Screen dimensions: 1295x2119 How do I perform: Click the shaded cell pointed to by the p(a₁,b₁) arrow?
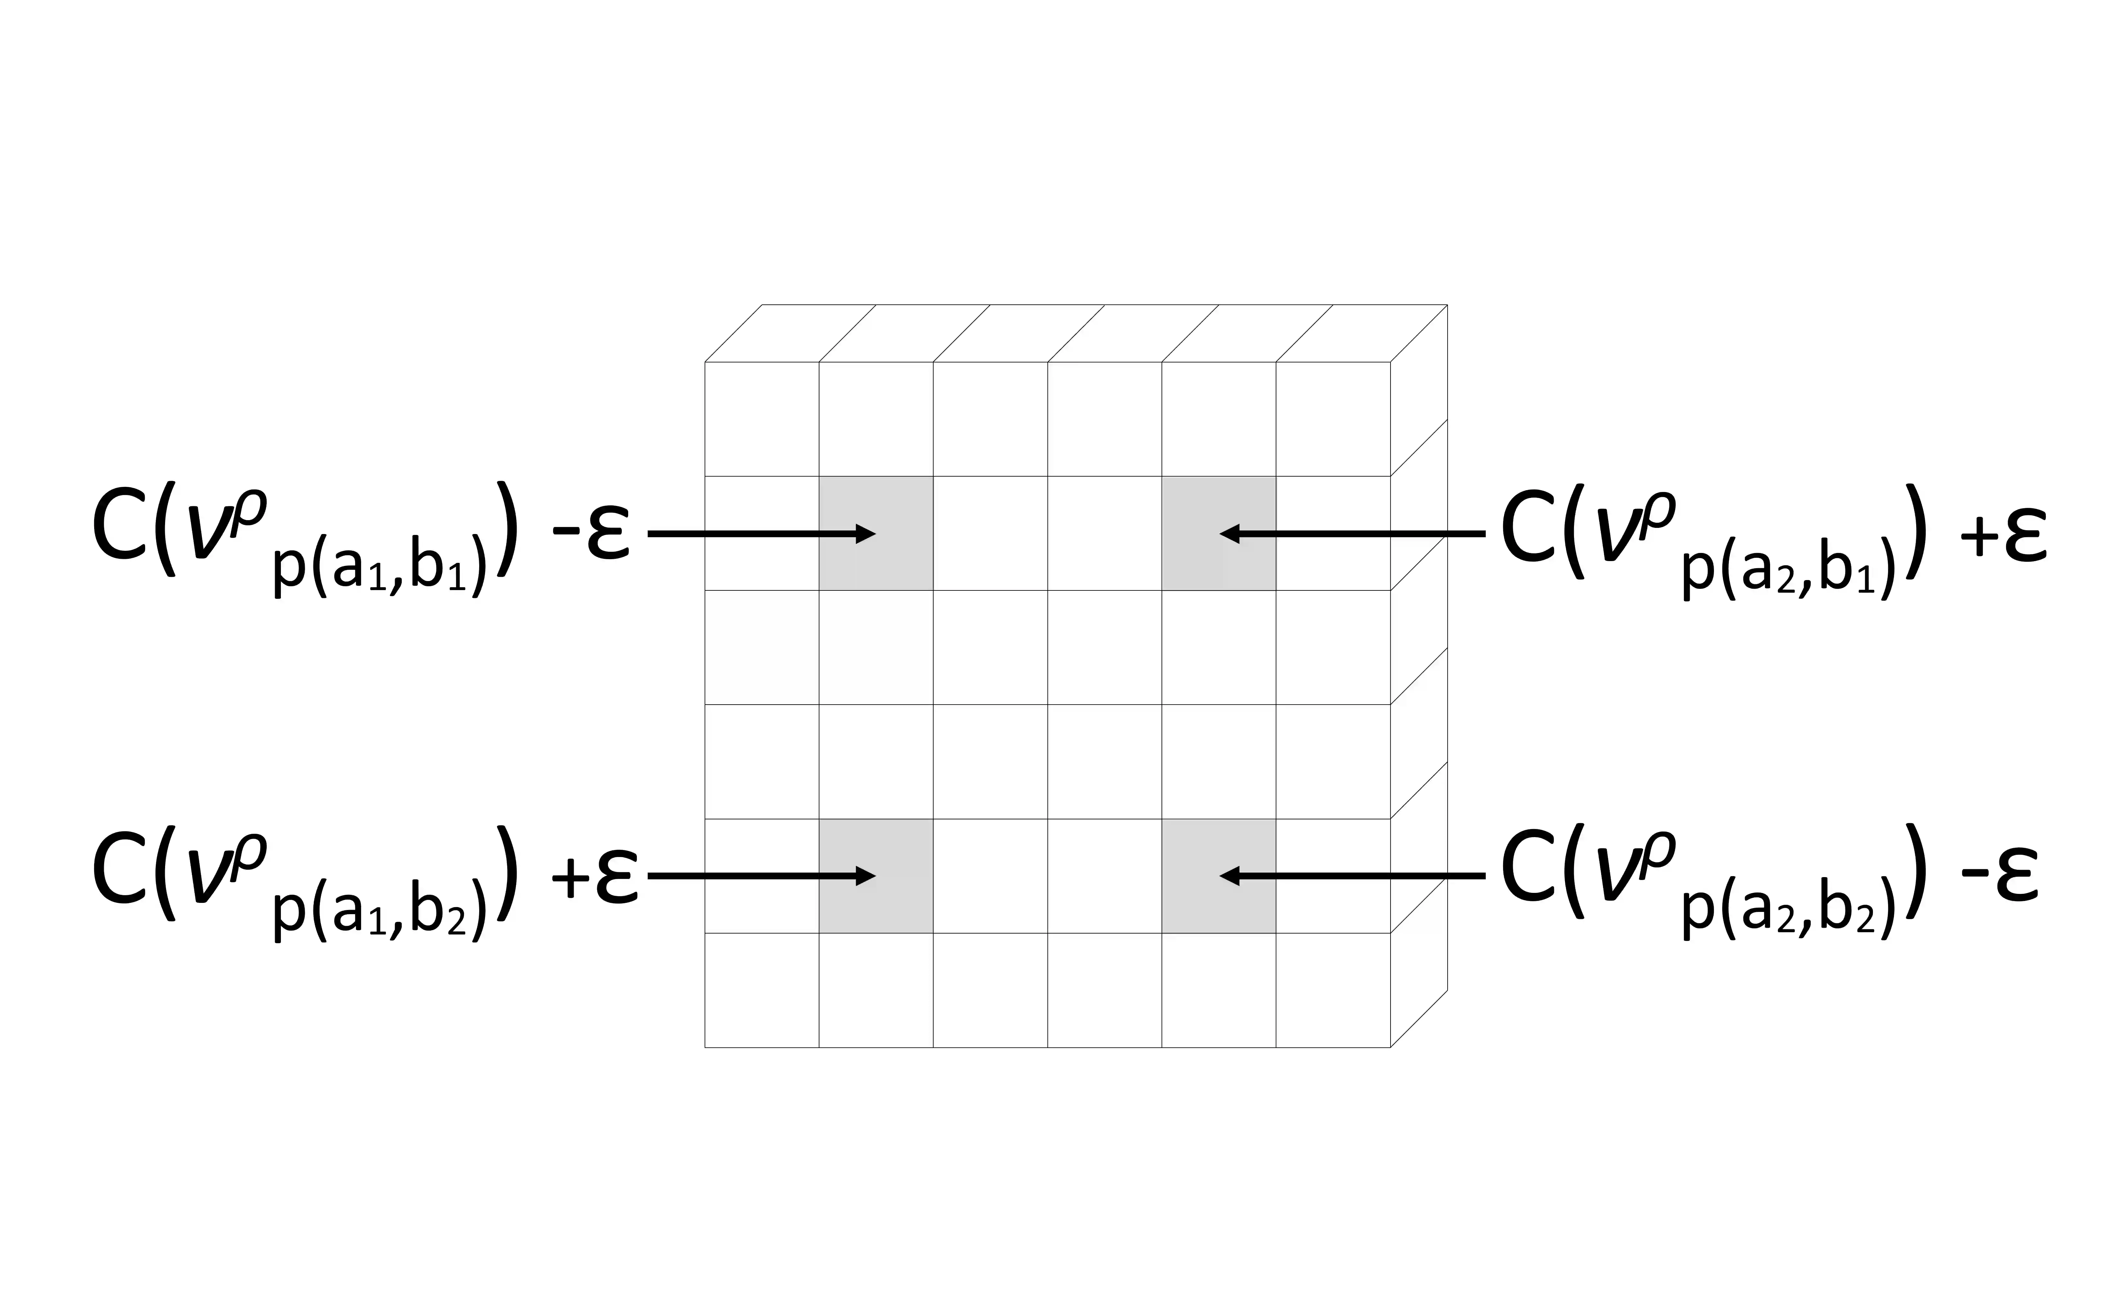[876, 533]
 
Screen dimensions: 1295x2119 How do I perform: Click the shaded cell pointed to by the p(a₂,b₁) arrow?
[1219, 533]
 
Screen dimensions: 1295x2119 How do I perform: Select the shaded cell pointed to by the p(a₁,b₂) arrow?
[876, 875]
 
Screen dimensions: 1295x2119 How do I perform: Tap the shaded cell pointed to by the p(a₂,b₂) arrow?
[1219, 875]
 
